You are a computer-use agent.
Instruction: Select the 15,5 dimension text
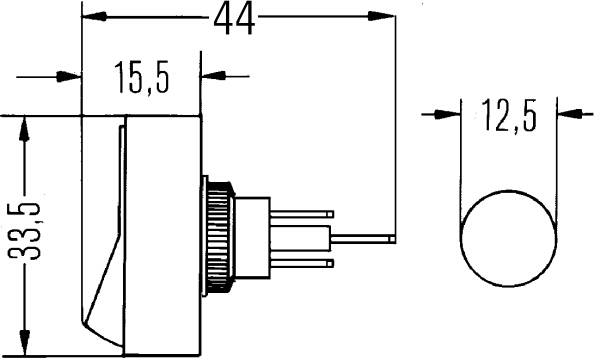[x=142, y=78]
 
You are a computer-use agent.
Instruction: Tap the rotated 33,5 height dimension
[x=25, y=231]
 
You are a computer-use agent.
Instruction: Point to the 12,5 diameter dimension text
[x=509, y=114]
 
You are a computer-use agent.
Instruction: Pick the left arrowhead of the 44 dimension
[x=94, y=16]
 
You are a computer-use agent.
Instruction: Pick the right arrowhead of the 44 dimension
[x=381, y=16]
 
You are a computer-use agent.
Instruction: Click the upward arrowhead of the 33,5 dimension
[x=25, y=130]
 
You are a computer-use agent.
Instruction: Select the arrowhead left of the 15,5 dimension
[x=69, y=77]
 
